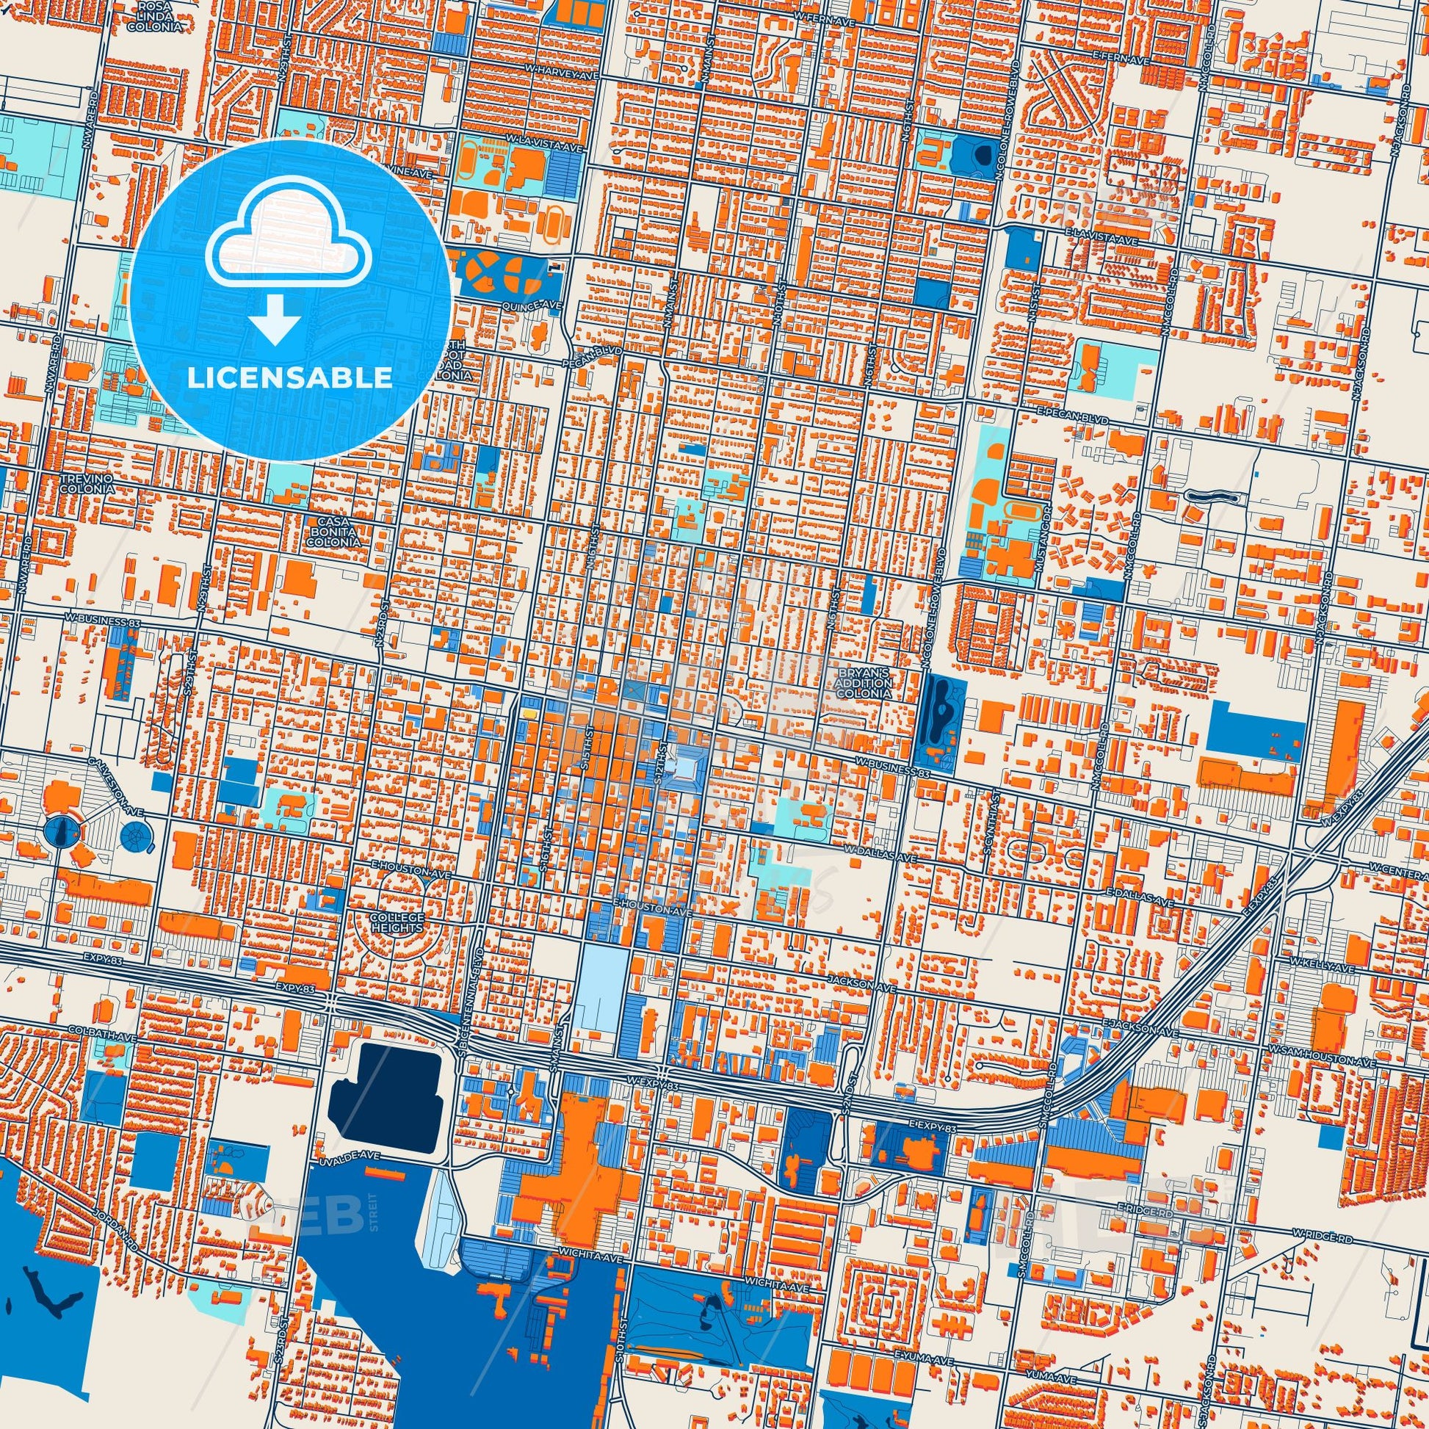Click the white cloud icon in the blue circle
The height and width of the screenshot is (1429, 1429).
(290, 244)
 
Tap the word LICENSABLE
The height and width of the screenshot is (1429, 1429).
(290, 378)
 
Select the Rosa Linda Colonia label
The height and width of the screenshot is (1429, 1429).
(154, 15)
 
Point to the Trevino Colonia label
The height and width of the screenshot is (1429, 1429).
(88, 485)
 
